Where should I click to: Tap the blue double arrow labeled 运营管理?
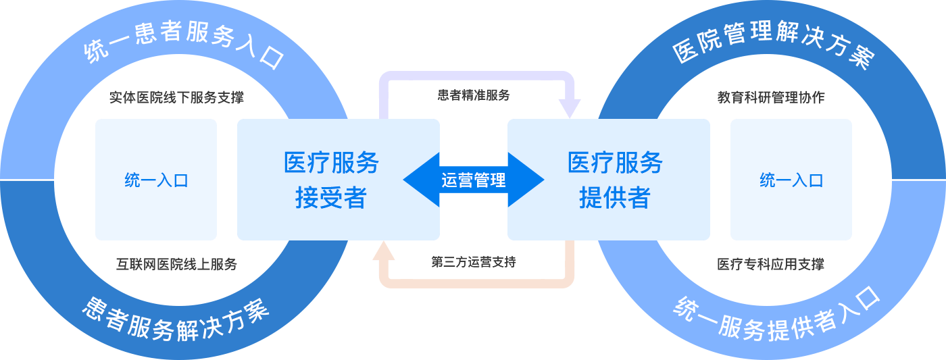(473, 180)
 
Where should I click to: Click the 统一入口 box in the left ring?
(156, 180)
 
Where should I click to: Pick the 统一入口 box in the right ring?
(791, 180)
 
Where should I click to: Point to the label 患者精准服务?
(474, 95)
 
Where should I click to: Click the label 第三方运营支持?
(474, 262)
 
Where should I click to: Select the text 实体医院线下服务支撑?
(176, 98)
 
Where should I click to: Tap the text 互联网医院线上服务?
(176, 265)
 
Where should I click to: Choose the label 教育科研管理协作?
(770, 98)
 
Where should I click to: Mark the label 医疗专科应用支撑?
(770, 265)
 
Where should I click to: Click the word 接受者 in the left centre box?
(331, 198)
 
